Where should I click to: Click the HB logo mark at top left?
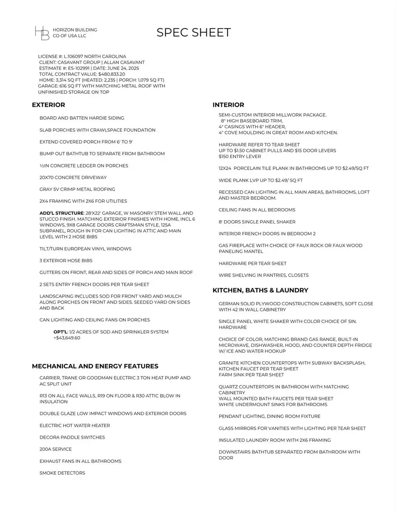coord(42,33)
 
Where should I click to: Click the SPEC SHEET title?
coord(194,33)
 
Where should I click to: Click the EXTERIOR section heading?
coord(48,105)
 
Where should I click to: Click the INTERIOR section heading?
coord(228,105)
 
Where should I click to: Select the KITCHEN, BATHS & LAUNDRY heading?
coord(260,290)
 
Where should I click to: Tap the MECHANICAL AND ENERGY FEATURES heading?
coord(95,366)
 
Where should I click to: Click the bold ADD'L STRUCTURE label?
coord(61,213)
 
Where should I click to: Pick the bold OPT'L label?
coord(61,332)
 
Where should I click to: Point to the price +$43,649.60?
coord(67,338)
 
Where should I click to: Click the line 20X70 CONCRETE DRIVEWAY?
coord(73,178)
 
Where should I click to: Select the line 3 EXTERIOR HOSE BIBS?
coord(66,261)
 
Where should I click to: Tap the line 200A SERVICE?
coord(55,449)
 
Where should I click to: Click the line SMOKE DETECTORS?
coord(62,473)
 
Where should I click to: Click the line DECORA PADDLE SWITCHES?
coord(72,437)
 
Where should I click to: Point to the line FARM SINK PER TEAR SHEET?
coord(251,375)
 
